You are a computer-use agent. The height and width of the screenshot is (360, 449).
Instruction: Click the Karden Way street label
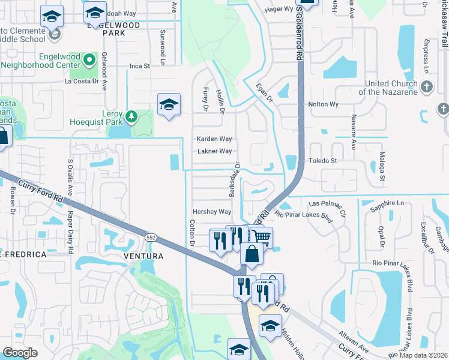[214, 139]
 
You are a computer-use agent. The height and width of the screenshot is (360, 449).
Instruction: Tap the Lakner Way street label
[214, 151]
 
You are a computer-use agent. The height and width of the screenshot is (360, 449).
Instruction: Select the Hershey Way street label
[211, 212]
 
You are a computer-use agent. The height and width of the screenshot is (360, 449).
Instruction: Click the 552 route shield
[150, 239]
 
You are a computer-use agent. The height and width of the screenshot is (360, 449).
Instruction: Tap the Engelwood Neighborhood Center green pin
[89, 59]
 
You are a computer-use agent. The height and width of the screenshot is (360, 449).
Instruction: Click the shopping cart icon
[261, 238]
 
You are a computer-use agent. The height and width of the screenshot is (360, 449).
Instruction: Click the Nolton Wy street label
[324, 104]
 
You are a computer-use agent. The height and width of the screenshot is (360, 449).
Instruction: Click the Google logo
[20, 353]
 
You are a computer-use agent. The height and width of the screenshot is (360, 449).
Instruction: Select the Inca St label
[139, 66]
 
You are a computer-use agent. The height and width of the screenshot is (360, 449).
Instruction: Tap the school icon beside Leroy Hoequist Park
[169, 105]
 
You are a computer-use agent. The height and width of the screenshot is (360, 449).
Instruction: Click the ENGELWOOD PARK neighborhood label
[113, 29]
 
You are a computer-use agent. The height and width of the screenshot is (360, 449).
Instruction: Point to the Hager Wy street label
[279, 9]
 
